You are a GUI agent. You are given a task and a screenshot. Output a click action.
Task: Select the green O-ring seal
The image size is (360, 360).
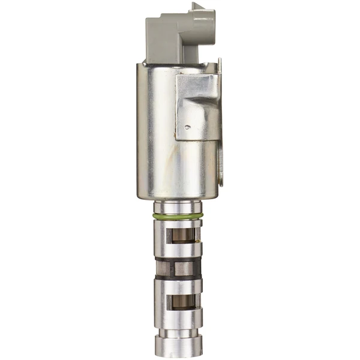tap(179, 215)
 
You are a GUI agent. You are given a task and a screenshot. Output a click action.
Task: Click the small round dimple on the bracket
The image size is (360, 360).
tap(188, 127)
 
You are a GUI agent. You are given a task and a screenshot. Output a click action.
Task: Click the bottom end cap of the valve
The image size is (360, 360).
tap(179, 346)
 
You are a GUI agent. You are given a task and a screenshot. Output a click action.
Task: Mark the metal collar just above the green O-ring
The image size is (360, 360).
tap(179, 207)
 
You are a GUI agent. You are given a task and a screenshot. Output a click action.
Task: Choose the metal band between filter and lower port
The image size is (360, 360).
tap(179, 286)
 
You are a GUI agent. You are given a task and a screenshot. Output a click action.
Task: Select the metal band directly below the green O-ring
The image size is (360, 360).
tap(179, 223)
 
